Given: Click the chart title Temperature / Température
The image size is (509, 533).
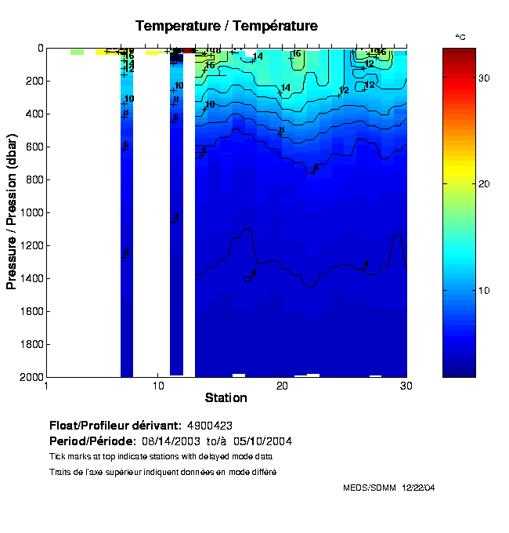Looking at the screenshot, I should click(226, 26).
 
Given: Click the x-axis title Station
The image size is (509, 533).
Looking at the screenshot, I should click(226, 397).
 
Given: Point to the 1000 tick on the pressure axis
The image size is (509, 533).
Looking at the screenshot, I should click(31, 212).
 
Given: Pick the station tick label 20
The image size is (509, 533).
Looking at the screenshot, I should click(281, 386).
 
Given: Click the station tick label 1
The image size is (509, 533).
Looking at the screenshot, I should click(47, 386).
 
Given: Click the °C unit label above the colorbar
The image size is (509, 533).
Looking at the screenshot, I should click(460, 37).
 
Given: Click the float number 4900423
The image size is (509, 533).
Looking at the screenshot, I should click(209, 426).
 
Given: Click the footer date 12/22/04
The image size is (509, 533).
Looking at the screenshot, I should click(418, 488).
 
